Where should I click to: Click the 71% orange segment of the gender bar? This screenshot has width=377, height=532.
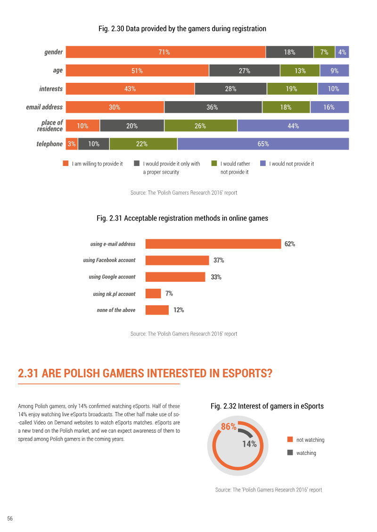pyautogui.click(x=165, y=52)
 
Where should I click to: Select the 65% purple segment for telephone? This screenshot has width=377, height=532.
pyautogui.click(x=263, y=144)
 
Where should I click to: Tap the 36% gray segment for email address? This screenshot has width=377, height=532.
pyautogui.click(x=213, y=107)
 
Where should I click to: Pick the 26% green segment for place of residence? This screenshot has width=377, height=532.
pyautogui.click(x=201, y=126)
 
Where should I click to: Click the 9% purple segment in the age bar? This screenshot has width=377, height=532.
pyautogui.click(x=335, y=71)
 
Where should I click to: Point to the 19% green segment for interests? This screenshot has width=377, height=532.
pyautogui.click(x=292, y=89)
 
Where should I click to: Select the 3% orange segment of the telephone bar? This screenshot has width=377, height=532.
pyautogui.click(x=72, y=144)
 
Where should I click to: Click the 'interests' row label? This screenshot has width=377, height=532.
pyautogui.click(x=51, y=89)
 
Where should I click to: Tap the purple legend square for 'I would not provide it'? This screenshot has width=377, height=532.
pyautogui.click(x=263, y=163)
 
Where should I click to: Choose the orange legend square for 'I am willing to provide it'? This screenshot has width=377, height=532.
pyautogui.click(x=66, y=163)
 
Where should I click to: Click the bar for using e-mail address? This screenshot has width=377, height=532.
pyautogui.click(x=213, y=244)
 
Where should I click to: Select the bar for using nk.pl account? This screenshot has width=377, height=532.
pyautogui.click(x=153, y=294)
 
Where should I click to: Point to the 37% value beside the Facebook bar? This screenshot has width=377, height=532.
pyautogui.click(x=219, y=260)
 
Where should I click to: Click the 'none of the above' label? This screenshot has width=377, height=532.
pyautogui.click(x=116, y=310)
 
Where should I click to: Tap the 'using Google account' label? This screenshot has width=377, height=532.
pyautogui.click(x=112, y=277)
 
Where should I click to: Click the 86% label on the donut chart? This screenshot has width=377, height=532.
pyautogui.click(x=229, y=427)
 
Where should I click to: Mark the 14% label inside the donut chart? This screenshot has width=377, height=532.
pyautogui.click(x=249, y=444)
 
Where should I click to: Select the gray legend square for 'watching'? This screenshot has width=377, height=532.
pyautogui.click(x=290, y=452)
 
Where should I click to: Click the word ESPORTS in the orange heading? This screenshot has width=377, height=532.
pyautogui.click(x=247, y=373)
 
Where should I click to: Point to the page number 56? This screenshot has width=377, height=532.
pyautogui.click(x=10, y=518)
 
